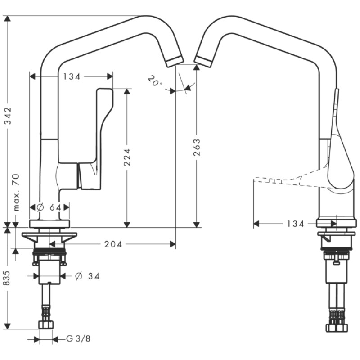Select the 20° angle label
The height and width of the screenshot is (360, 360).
(154, 81)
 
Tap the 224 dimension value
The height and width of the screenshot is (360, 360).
(127, 157)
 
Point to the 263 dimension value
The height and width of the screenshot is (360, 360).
(197, 148)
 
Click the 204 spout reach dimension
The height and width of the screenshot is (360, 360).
(113, 244)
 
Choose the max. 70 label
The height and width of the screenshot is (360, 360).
(17, 192)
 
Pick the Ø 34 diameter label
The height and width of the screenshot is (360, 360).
(88, 276)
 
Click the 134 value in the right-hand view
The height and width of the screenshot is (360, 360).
(296, 224)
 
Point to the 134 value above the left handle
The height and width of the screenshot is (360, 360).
(72, 76)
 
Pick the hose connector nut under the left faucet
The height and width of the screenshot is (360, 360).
(46, 324)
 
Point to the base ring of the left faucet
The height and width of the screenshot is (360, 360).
(49, 224)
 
